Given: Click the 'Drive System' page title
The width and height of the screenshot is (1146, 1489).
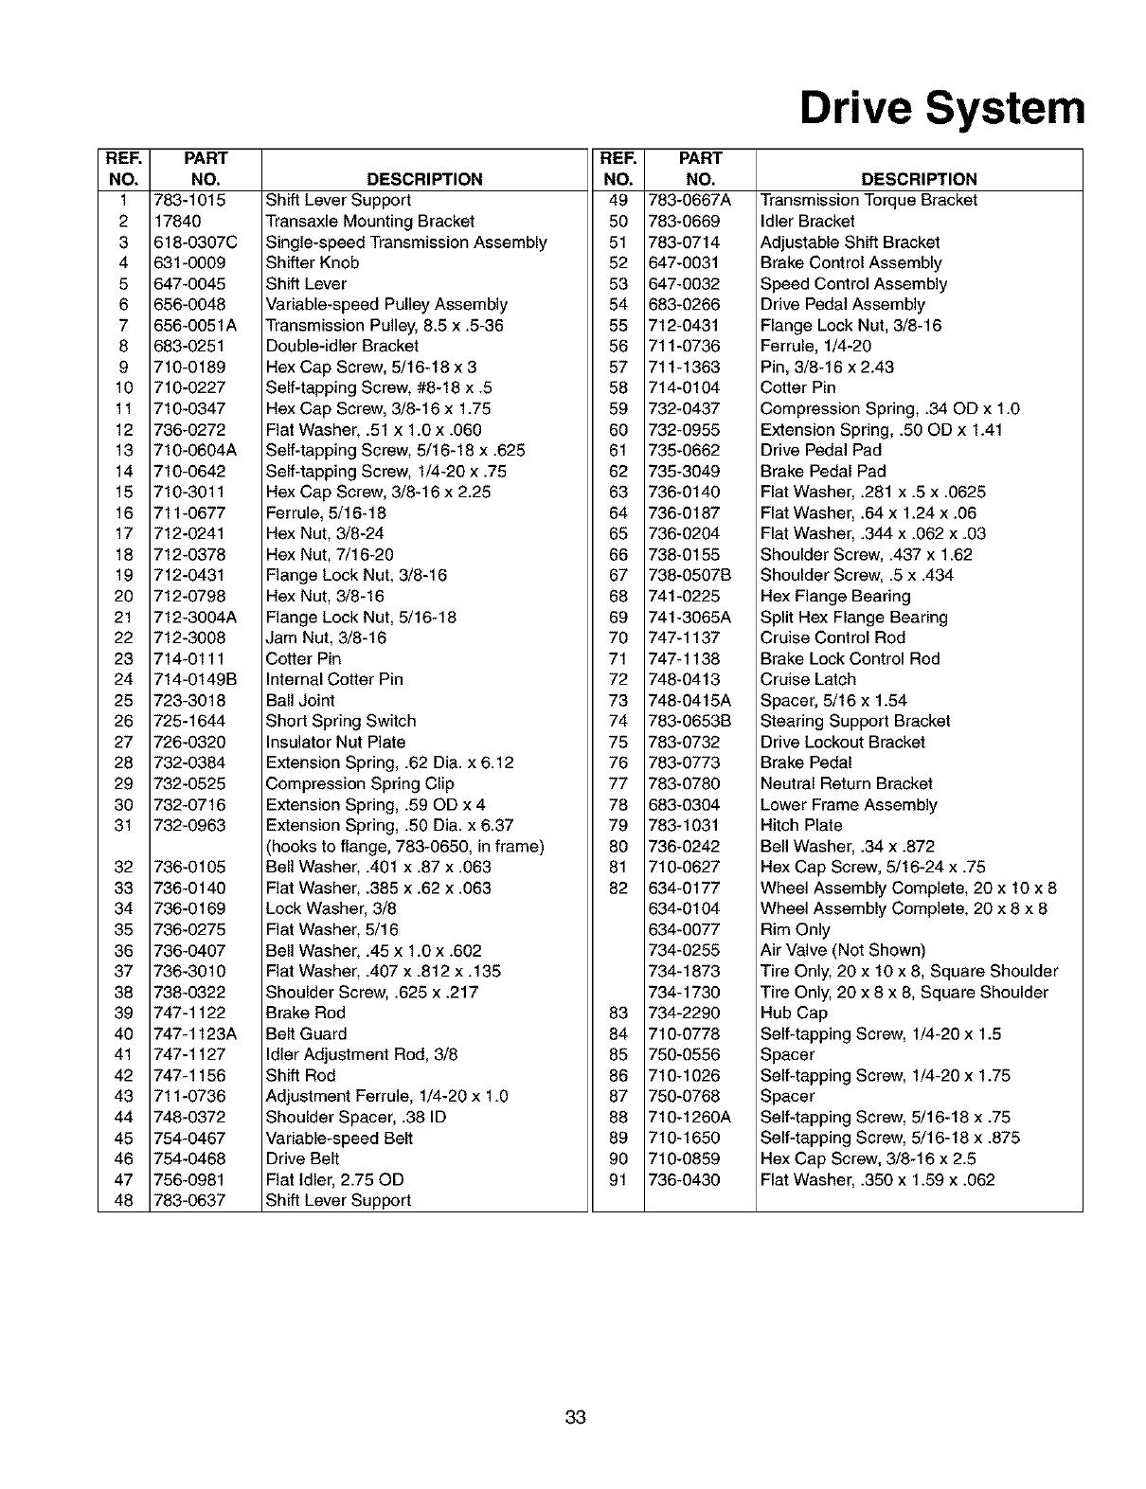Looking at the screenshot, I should click(x=940, y=109).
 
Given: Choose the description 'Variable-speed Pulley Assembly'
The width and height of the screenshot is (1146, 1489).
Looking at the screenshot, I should click(x=386, y=305).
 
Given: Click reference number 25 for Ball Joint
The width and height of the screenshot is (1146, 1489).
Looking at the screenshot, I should click(x=124, y=701).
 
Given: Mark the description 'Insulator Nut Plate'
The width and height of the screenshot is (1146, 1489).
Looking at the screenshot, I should click(x=335, y=743).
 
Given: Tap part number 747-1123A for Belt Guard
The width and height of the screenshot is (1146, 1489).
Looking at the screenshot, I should click(x=195, y=1034).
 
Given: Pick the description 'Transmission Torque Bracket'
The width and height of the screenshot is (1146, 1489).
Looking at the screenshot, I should click(x=868, y=201).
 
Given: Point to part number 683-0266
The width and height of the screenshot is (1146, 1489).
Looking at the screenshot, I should click(x=684, y=305).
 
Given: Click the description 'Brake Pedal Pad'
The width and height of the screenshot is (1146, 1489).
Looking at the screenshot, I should click(x=823, y=472).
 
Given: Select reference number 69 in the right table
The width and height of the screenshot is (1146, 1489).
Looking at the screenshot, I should click(x=618, y=618).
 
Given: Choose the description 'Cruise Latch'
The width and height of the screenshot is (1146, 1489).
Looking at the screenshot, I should click(x=808, y=680).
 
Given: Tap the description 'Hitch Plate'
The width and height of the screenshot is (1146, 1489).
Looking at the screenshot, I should click(x=801, y=826).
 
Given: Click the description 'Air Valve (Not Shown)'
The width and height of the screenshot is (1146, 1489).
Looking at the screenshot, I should click(x=843, y=951).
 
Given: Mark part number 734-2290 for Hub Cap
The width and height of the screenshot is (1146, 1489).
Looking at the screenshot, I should click(x=684, y=1014).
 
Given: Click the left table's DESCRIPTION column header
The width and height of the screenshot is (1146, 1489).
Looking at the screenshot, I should click(x=424, y=179).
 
